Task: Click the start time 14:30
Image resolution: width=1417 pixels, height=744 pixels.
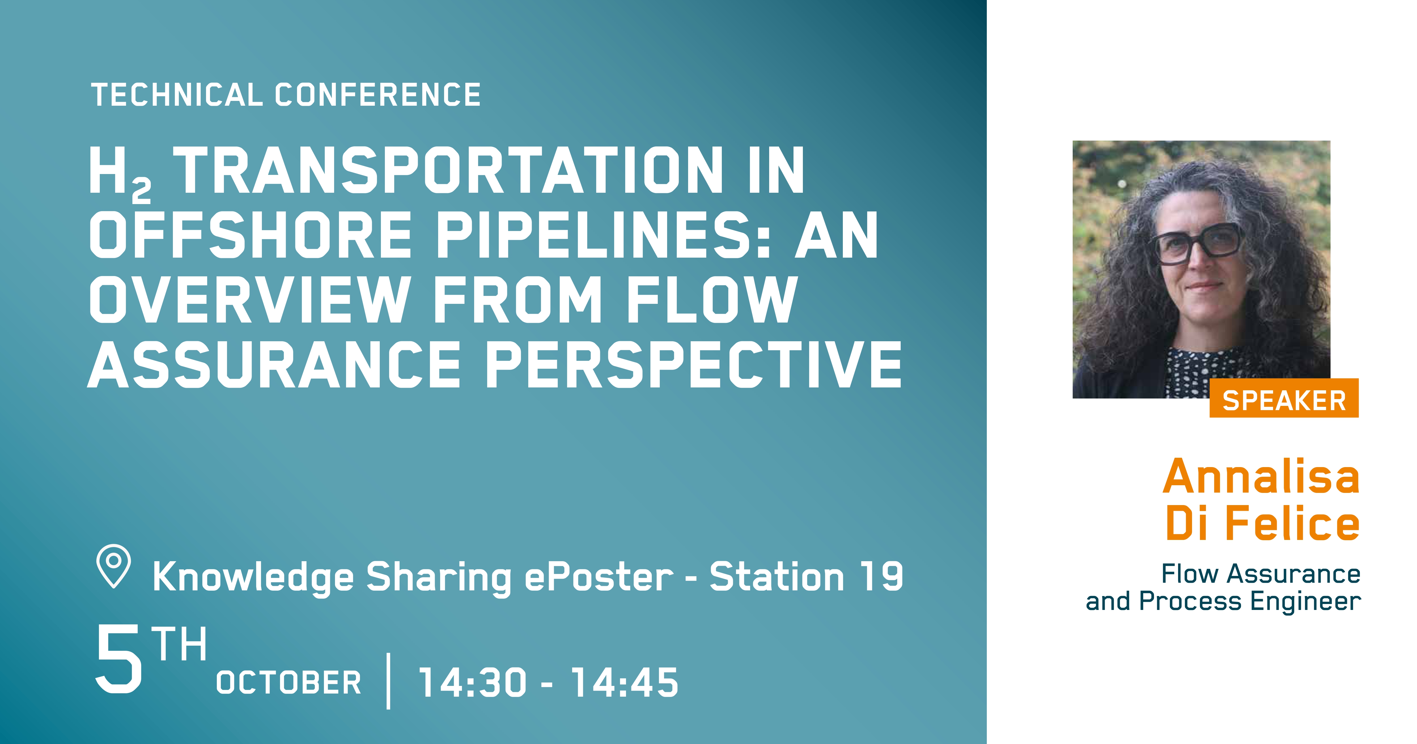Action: pyautogui.click(x=472, y=682)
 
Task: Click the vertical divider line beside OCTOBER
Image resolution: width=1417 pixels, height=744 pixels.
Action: pyautogui.click(x=388, y=681)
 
